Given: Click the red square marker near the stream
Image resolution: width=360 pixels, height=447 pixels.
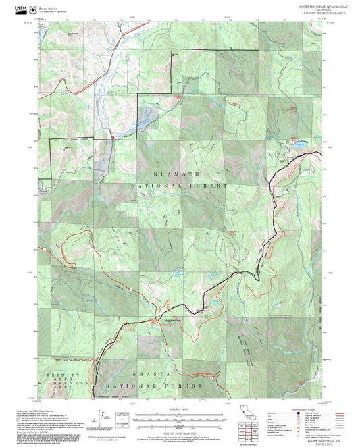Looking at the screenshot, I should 112,138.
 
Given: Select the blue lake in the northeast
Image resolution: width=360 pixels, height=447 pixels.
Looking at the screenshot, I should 298,144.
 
